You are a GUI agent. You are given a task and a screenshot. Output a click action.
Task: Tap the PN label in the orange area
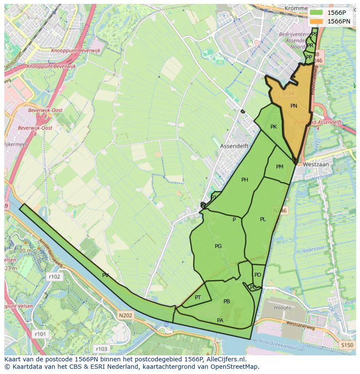coord(294,106)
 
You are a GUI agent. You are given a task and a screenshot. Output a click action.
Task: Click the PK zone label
coord(273,127)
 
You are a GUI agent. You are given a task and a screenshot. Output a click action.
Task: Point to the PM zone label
coord(280,167)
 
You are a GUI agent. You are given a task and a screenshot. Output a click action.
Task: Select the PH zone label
coord(245,180)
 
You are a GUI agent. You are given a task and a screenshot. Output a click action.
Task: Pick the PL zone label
coord(263,219)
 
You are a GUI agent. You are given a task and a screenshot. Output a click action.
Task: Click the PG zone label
coord(218,246)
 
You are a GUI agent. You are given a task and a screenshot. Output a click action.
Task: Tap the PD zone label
coord(258,275)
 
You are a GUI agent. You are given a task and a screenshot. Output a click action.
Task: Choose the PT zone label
coord(198,298)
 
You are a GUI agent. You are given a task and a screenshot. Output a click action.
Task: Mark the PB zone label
coord(227,301)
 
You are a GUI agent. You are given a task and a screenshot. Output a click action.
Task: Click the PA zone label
coord(220,321)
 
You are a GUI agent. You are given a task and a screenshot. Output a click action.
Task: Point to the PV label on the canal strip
coord(105,275)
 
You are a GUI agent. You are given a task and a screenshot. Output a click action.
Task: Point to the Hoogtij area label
coord(282,307)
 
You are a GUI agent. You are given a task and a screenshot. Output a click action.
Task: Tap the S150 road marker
coord(347,345)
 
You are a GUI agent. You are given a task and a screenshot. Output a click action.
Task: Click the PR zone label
coord(310,46)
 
